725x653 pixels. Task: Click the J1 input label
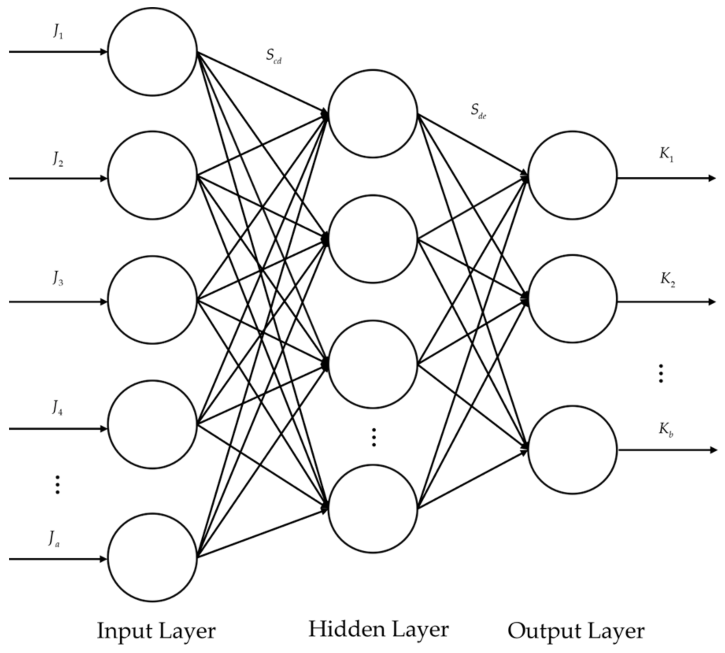(58, 31)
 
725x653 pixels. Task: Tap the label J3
(58, 278)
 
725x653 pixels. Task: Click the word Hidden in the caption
(341, 629)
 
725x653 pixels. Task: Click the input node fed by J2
(152, 175)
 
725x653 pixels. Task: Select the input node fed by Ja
(152, 557)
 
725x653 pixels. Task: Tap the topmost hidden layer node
(373, 114)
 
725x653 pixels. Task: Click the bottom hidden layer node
(373, 509)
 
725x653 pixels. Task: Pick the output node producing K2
(572, 299)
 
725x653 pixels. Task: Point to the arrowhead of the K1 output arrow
(712, 178)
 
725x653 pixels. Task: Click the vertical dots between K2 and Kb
(661, 373)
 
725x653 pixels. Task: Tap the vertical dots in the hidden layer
(374, 437)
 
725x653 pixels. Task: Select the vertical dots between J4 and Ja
(57, 485)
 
